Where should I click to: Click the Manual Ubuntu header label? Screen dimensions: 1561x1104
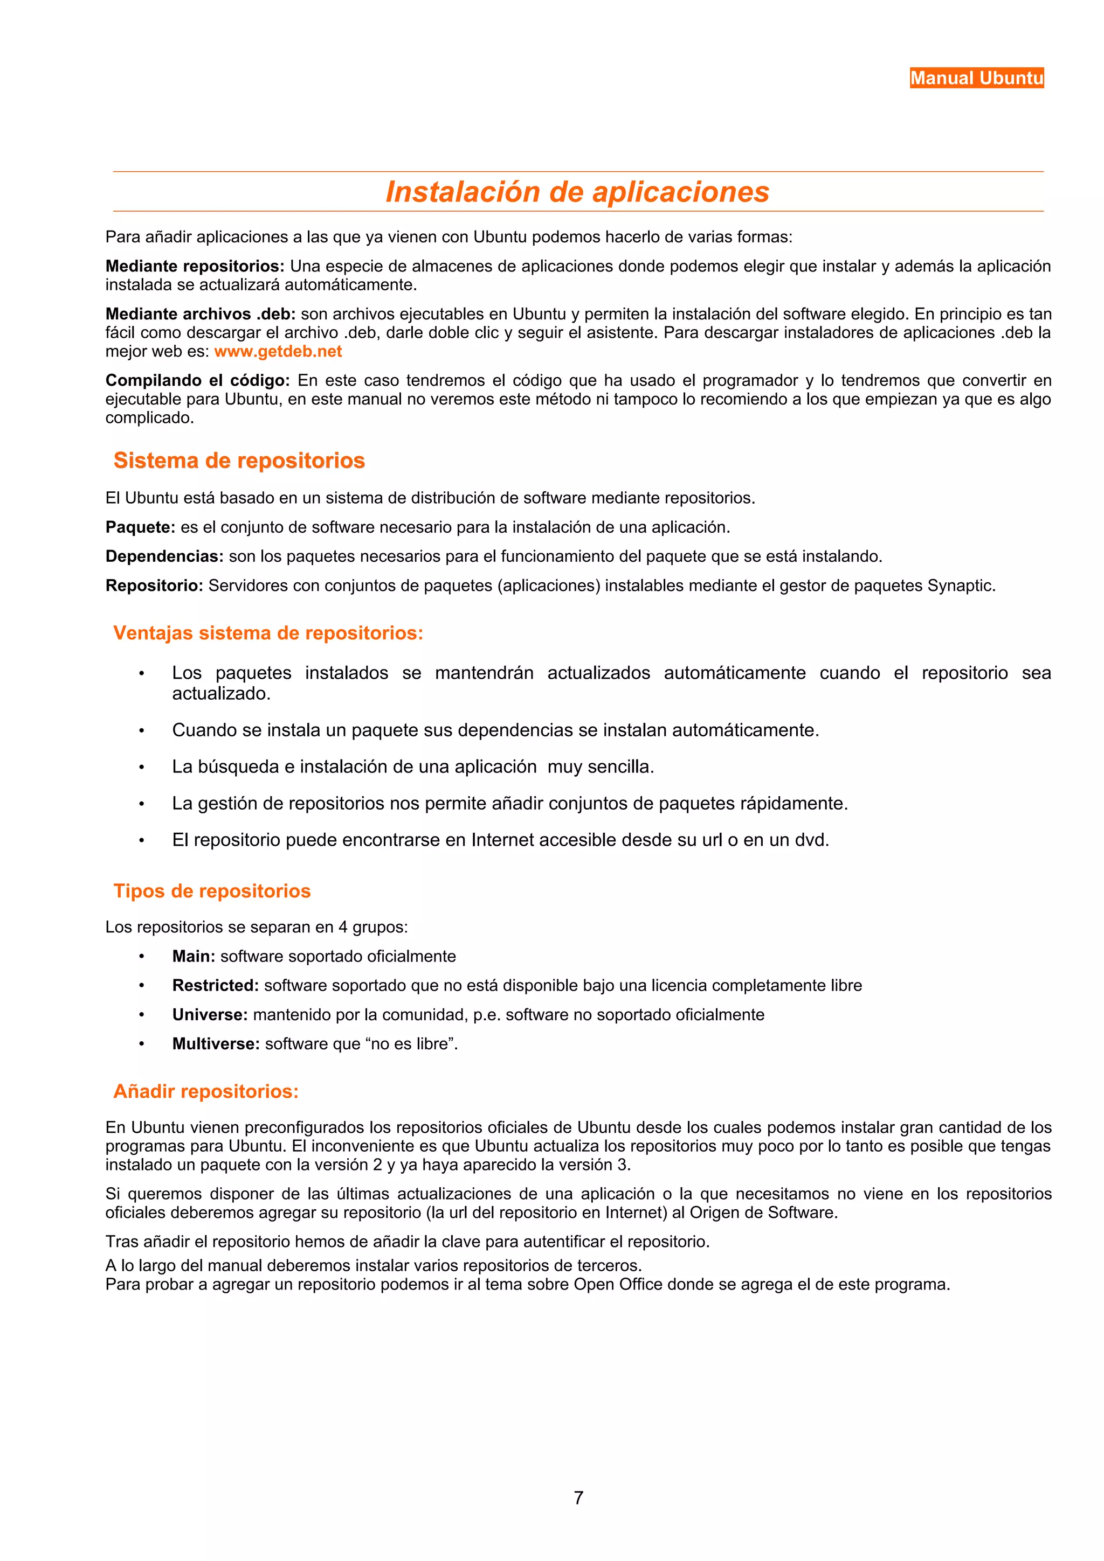coord(976,78)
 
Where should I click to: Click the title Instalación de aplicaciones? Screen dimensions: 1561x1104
coord(577,192)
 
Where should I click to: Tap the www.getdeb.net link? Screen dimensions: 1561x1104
coord(278,352)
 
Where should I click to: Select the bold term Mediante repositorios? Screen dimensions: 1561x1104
coord(195,267)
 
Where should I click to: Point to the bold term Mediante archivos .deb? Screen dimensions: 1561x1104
coord(200,314)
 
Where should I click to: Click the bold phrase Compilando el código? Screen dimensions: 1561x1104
coord(197,380)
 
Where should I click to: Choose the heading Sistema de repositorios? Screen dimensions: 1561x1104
coord(239,461)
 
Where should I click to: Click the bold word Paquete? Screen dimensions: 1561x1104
coord(140,527)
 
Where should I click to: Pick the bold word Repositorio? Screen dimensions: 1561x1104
coord(154,586)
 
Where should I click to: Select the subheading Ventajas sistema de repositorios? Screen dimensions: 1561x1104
coord(268,633)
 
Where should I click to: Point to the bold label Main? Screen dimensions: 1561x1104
coord(193,957)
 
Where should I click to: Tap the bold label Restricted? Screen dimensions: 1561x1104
coord(215,986)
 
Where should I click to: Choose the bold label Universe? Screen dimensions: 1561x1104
coord(210,1015)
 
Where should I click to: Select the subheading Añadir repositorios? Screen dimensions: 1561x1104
coord(205,1091)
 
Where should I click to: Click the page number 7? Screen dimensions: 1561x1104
coord(578,1498)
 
